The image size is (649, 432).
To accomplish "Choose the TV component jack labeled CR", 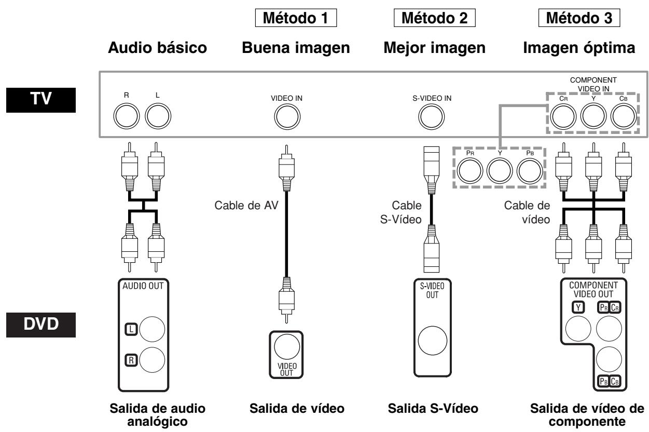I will coord(563,118).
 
